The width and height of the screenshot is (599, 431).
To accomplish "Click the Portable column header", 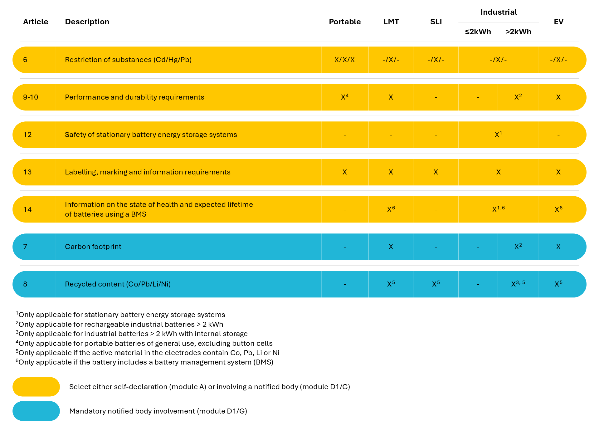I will [345, 22].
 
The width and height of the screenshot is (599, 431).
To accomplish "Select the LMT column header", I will [391, 22].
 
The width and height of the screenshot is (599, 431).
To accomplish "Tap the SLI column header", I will [436, 22].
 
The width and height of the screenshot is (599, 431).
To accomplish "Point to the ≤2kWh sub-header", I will [478, 32].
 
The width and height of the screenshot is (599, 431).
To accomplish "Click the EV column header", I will [558, 22].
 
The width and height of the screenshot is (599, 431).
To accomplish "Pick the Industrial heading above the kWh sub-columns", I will [499, 12].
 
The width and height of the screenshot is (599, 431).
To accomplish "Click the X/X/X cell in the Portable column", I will [344, 60].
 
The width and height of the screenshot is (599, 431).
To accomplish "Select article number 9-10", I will [31, 97].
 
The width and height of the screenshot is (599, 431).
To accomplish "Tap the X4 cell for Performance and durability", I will [344, 97].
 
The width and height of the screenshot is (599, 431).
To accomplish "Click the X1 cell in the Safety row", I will [498, 135].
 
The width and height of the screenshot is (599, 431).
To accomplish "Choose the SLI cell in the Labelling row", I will [436, 172].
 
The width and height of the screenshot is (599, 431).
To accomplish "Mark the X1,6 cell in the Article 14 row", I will [498, 209].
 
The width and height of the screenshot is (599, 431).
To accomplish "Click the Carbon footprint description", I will [93, 247].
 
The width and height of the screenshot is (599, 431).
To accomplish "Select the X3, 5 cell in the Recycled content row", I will [518, 284].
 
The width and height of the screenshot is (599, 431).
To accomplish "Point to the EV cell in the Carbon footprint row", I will [558, 247].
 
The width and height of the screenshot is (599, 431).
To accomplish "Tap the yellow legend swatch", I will [36, 387].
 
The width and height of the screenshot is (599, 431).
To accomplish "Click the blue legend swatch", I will [36, 411].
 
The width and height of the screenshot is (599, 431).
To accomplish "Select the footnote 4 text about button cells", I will [145, 343].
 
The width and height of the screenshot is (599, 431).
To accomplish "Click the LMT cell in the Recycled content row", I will [391, 284].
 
